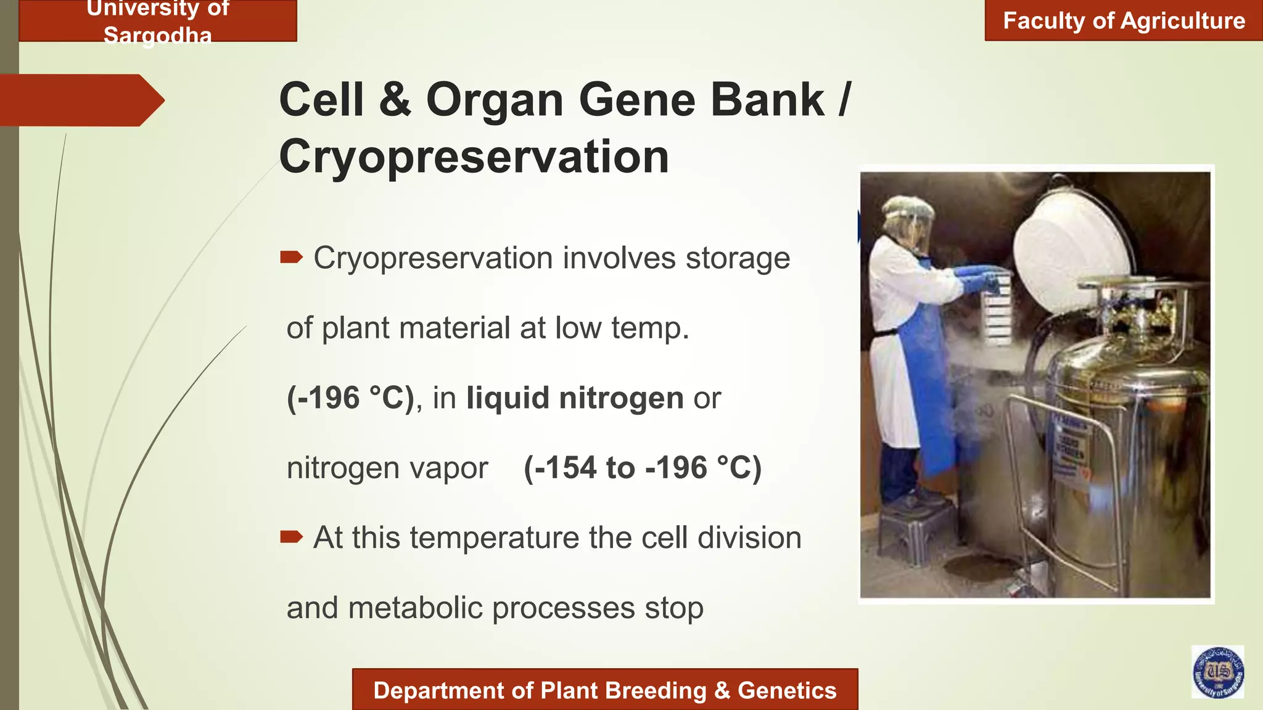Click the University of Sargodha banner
click(158, 21)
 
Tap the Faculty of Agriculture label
click(1124, 21)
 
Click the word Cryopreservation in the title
click(474, 157)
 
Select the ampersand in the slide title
click(395, 100)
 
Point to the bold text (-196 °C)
click(350, 398)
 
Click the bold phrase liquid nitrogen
click(575, 398)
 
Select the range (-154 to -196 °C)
click(643, 467)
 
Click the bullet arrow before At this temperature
click(291, 537)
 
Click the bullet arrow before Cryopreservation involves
click(291, 257)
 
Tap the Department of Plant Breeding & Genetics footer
click(604, 690)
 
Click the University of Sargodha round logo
click(1217, 672)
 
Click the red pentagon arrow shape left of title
click(80, 100)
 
